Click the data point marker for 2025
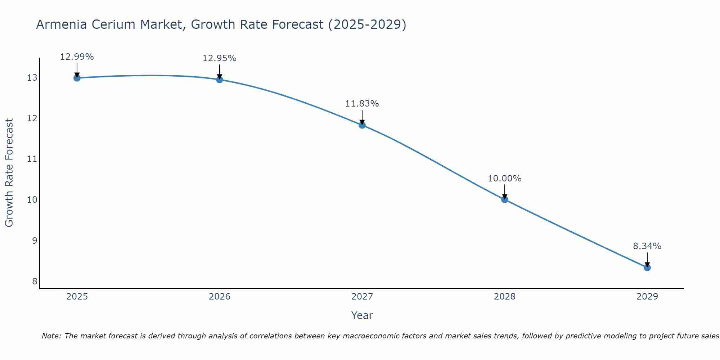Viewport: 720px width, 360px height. coord(77,78)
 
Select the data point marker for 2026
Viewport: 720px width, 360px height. coord(220,80)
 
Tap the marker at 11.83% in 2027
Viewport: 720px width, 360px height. coord(362,125)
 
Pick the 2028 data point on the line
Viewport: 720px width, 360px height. coord(505,199)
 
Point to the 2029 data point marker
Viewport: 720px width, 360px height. coord(647,267)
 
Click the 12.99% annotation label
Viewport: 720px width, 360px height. coord(77,57)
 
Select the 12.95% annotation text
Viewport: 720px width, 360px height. coord(220,58)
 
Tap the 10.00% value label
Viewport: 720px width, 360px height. coord(505,179)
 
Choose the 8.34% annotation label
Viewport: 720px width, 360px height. coord(647,246)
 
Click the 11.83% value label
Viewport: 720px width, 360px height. coord(362,104)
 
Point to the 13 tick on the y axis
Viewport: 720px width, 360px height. coord(32,78)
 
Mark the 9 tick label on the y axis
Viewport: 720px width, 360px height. coord(35,240)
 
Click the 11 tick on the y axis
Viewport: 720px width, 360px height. coord(32,159)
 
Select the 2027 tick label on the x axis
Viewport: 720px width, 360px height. coord(362,297)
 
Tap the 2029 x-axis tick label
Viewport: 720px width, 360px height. coord(647,297)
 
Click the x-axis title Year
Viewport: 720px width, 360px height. coord(362,315)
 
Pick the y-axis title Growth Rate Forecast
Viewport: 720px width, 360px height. coord(9,173)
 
